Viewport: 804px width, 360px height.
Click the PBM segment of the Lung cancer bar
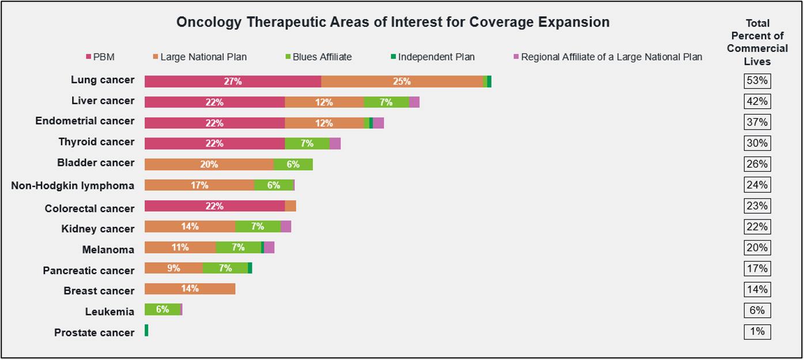coord(233,82)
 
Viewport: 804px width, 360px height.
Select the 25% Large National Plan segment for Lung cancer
coord(402,82)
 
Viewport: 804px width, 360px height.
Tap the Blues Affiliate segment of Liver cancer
coord(386,103)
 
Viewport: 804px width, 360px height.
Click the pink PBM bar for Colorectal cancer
coord(214,206)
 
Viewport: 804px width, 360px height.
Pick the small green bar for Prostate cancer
coord(146,331)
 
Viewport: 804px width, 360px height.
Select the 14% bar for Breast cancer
coord(190,289)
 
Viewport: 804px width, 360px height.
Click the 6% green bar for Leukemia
coord(162,310)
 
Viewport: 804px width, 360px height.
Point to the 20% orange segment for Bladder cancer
coord(209,165)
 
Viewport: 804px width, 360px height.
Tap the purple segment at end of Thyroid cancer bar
coord(335,144)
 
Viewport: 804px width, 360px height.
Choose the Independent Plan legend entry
coord(432,57)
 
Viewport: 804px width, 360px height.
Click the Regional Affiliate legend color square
coord(516,57)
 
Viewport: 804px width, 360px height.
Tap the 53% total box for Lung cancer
coord(757,81)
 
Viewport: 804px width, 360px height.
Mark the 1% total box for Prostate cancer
coord(757,332)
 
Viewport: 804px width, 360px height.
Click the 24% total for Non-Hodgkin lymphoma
coord(757,185)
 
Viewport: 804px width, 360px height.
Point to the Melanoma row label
coord(108,250)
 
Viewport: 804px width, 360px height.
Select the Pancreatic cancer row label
coord(88,271)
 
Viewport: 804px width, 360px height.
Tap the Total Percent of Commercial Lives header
coord(757,42)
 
